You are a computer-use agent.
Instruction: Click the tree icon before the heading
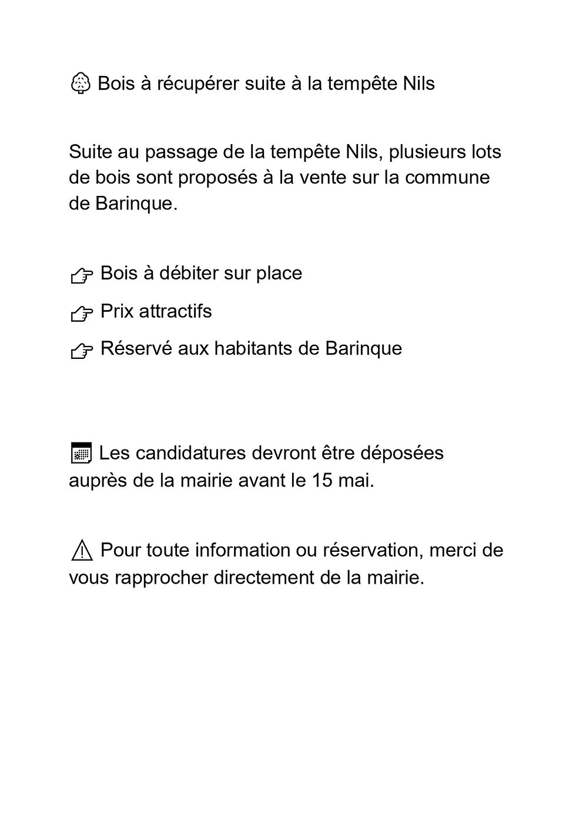tap(80, 84)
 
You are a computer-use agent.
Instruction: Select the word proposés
tap(217, 178)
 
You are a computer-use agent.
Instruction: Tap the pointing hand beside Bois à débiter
tap(82, 275)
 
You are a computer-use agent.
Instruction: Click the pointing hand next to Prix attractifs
tap(82, 314)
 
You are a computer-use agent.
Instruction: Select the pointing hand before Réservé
tap(82, 351)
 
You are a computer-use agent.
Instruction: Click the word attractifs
tap(175, 311)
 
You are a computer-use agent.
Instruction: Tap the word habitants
tap(254, 349)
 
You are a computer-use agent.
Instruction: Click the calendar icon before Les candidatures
tap(81, 454)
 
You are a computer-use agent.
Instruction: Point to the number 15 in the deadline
tap(322, 481)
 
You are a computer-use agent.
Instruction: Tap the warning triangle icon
tap(82, 551)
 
